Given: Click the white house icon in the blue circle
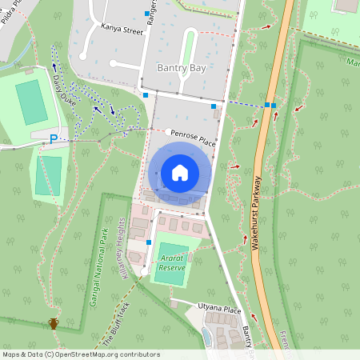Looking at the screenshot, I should [179, 173].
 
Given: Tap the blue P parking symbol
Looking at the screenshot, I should [54, 138].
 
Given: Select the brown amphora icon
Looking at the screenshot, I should [54, 323].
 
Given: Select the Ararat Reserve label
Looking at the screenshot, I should [172, 263].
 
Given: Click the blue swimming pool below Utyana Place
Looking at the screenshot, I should [207, 337].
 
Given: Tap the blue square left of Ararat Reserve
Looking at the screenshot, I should [149, 241].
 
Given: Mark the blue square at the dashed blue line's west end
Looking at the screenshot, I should [214, 106].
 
